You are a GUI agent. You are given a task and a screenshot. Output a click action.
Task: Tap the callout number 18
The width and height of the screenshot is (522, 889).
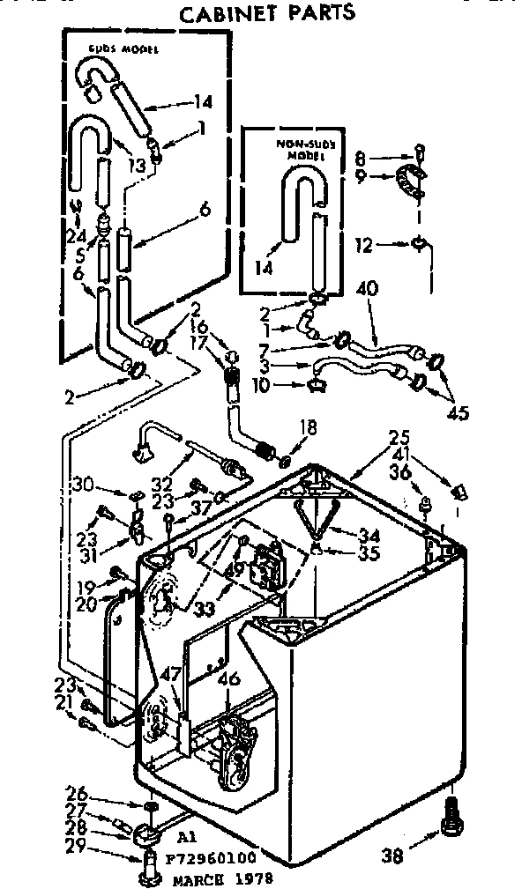308,428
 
